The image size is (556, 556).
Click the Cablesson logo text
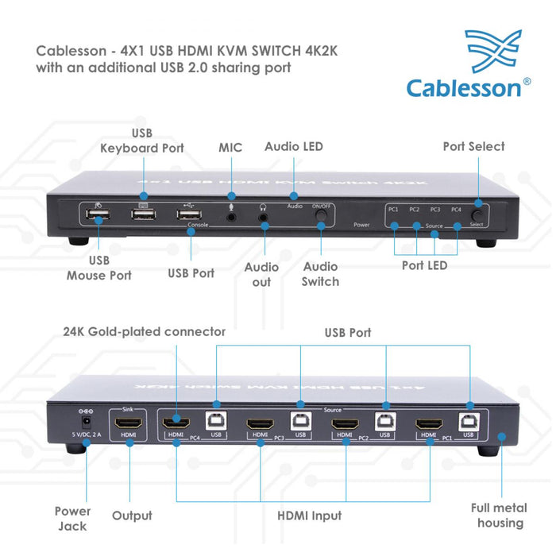(x=464, y=87)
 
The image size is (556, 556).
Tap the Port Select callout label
(x=473, y=146)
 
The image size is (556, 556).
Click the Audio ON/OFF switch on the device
(x=321, y=214)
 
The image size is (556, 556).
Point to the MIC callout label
(x=230, y=148)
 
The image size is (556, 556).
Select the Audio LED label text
(x=294, y=146)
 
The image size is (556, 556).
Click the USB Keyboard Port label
(x=142, y=141)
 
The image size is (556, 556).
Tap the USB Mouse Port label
(x=99, y=268)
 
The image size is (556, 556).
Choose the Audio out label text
(x=261, y=274)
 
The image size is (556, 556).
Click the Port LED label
(x=424, y=265)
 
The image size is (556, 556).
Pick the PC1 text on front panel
(x=393, y=209)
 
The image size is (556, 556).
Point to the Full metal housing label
(x=500, y=515)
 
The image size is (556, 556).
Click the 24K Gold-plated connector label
(x=145, y=331)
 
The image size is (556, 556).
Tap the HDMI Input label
(x=309, y=515)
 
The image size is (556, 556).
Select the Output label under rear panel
(x=132, y=515)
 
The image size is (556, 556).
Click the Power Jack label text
(x=72, y=518)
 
